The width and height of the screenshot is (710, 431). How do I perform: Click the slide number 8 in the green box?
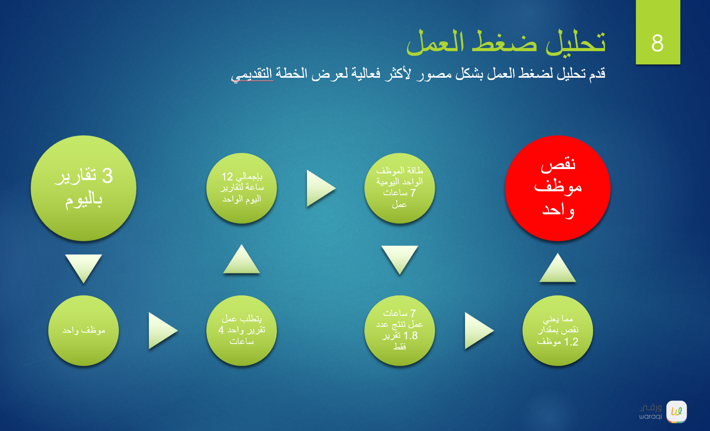point(657,43)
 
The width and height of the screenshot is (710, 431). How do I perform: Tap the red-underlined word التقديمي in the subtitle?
point(252,74)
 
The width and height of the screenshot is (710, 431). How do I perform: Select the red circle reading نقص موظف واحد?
point(557,188)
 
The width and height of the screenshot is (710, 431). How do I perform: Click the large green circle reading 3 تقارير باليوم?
point(83,188)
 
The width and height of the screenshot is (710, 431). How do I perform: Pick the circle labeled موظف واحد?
point(83,331)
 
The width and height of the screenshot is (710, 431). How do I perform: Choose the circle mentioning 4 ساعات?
point(241,331)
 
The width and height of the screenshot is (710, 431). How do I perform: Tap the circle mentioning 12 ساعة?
point(241,188)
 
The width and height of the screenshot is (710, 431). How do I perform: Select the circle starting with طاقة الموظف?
point(399,188)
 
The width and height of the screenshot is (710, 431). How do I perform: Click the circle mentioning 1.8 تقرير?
point(399,331)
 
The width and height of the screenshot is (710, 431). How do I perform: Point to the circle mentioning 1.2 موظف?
point(557,331)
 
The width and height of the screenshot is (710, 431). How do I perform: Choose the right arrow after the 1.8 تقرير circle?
point(479,331)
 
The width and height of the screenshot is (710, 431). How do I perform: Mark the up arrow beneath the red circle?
point(557,268)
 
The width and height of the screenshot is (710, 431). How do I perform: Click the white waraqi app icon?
point(676,411)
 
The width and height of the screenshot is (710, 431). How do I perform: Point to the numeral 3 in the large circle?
point(107,176)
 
